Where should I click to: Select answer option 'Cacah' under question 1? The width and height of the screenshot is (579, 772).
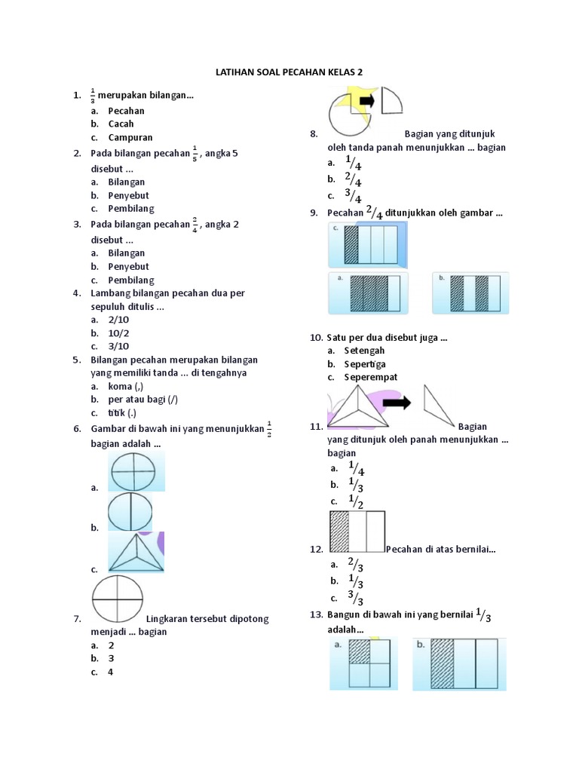[121, 124]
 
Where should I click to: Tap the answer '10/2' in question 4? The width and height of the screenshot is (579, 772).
[118, 332]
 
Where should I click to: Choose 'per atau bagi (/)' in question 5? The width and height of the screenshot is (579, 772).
[143, 399]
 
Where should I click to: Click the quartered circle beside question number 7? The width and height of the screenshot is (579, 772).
[118, 599]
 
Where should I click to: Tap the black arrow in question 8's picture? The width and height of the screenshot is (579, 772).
[368, 100]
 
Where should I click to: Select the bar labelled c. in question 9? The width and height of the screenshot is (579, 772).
[369, 244]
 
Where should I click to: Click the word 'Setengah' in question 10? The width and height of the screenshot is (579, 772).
[364, 351]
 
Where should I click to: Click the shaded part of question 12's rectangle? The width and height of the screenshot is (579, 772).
[339, 532]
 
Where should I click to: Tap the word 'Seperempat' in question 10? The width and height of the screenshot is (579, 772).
[371, 377]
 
